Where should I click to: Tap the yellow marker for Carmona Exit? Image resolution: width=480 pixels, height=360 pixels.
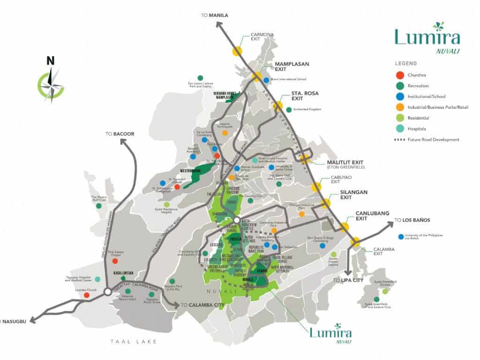[237, 51]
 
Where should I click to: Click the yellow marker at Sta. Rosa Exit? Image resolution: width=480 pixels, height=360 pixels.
[278, 106]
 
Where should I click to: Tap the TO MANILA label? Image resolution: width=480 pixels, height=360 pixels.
[215, 15]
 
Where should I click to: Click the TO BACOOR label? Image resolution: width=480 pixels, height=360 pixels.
[120, 134]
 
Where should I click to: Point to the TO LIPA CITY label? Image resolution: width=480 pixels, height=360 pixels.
[348, 280]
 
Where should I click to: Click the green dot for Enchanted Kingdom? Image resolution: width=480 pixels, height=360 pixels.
[288, 110]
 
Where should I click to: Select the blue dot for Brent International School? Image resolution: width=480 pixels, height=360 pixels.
[266, 80]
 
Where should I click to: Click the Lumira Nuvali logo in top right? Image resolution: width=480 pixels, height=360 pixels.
[427, 37]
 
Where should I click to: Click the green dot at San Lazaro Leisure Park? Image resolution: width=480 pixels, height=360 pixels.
[200, 78]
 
